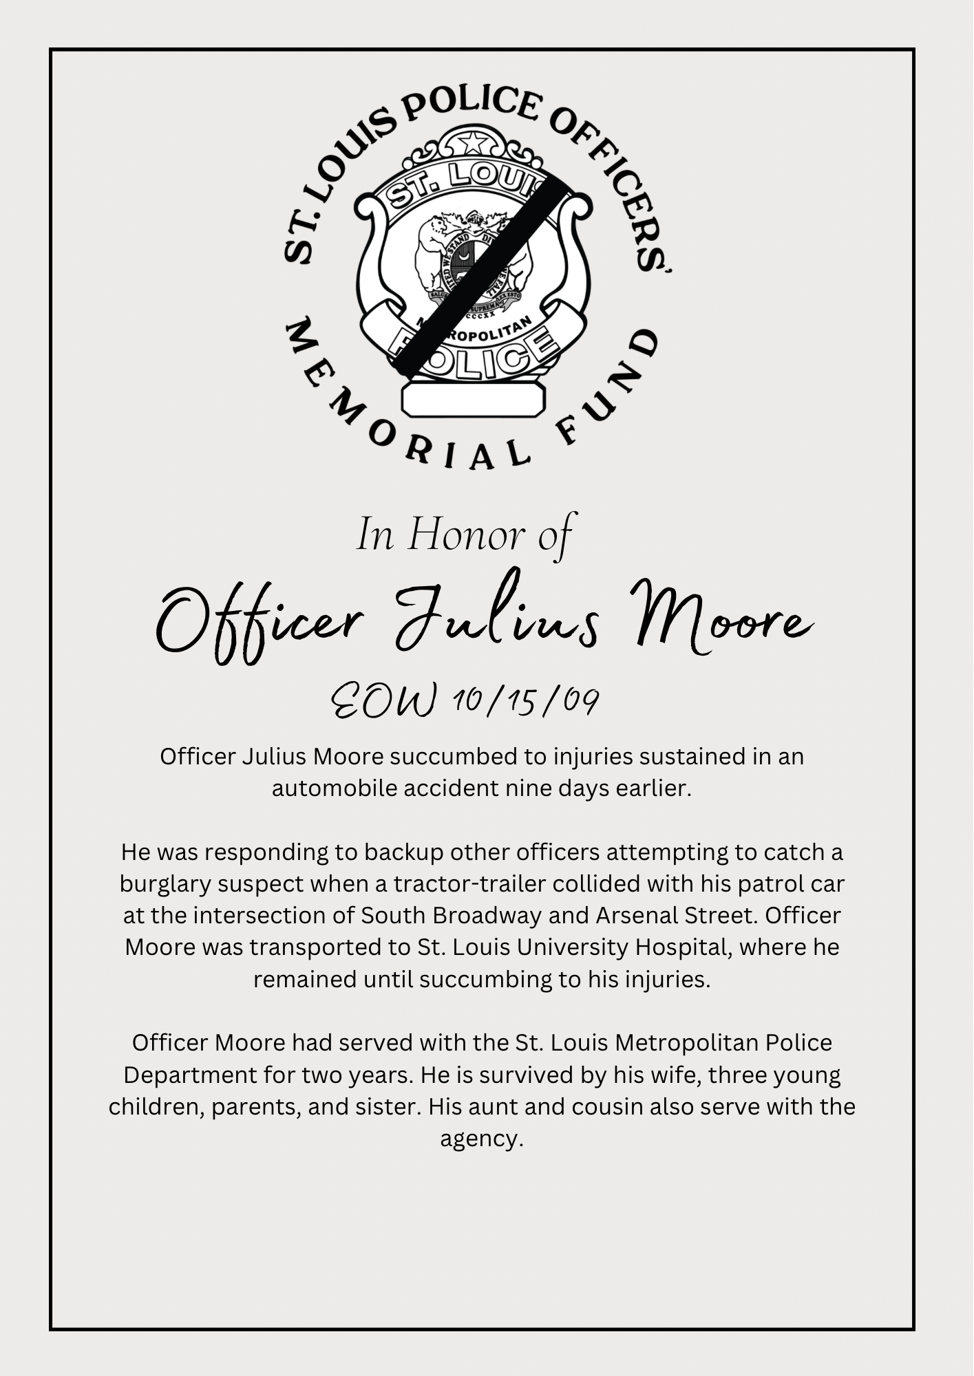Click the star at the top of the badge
click(x=473, y=143)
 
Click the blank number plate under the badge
click(x=473, y=400)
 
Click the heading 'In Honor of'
click(x=465, y=536)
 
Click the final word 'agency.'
click(x=482, y=1139)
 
